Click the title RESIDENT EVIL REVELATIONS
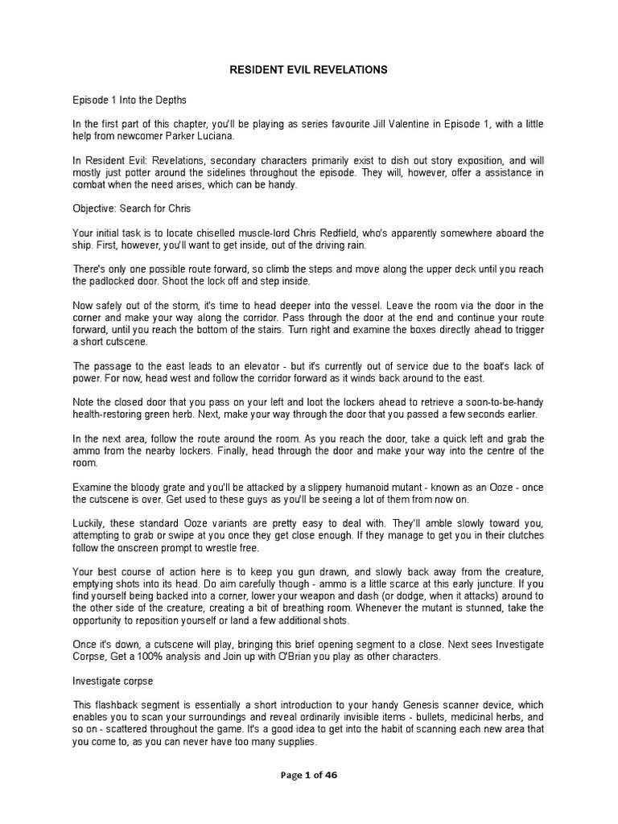click(308, 70)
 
